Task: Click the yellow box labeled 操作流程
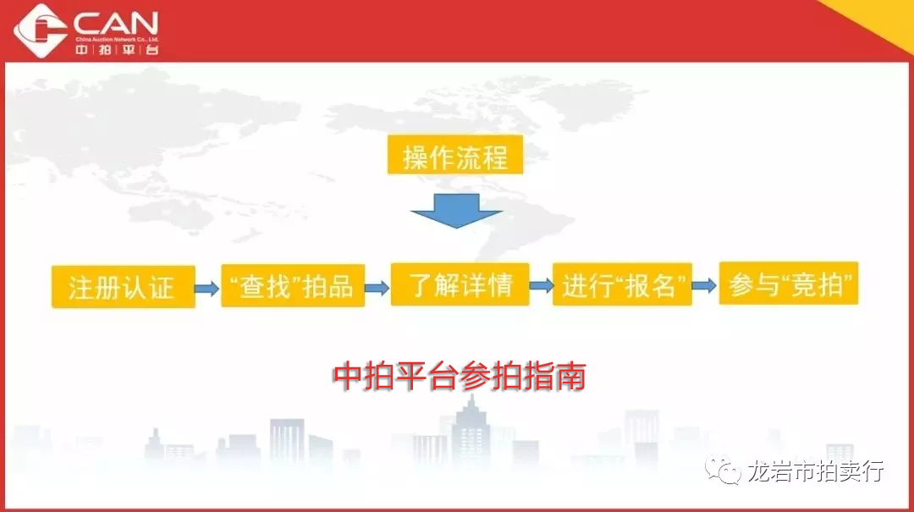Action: coord(455,155)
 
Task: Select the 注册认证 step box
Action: coord(123,286)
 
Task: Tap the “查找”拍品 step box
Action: coord(293,285)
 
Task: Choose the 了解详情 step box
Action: coord(460,284)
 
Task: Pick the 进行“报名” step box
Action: coord(622,284)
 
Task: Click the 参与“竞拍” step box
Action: coord(789,284)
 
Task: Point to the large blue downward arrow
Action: coord(456,211)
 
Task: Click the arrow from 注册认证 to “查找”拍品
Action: coord(207,288)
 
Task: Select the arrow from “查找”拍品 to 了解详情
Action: coord(377,288)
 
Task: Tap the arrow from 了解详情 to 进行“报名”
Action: coord(542,285)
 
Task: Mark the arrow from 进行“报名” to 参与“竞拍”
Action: coord(705,285)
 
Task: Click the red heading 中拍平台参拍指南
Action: coord(460,376)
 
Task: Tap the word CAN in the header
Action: coord(116,24)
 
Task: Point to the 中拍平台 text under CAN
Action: coord(117,50)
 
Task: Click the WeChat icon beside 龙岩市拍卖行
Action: coord(723,470)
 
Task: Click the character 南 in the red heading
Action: coord(570,376)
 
